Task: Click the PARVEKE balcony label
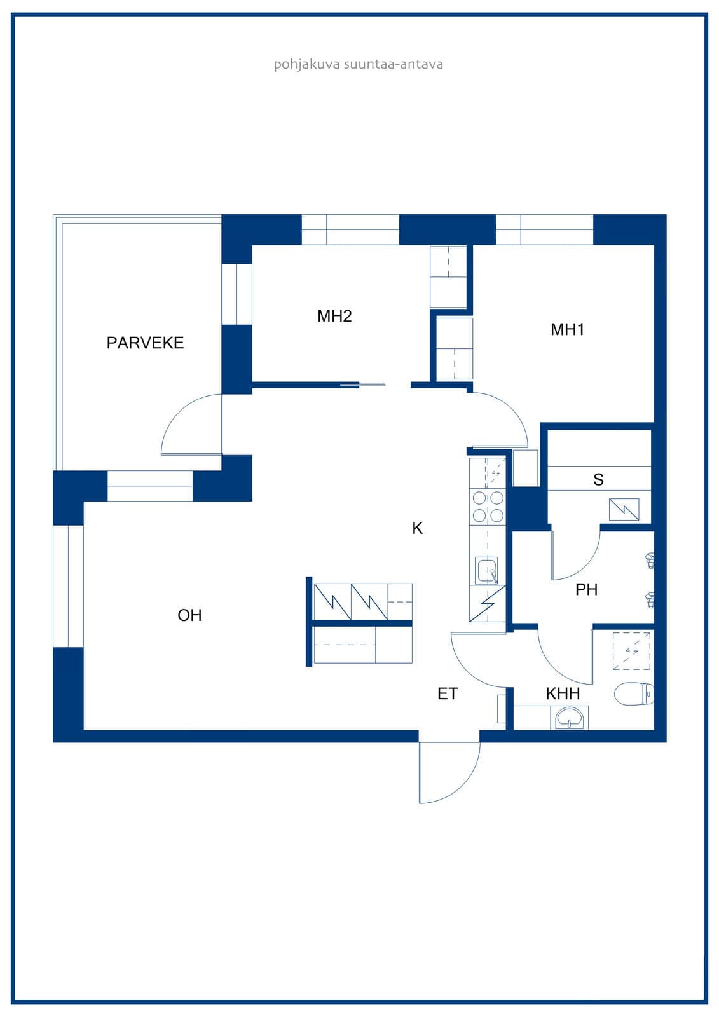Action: (x=145, y=343)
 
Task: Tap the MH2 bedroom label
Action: (x=334, y=316)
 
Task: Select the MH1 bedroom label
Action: (x=567, y=330)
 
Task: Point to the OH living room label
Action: (x=189, y=615)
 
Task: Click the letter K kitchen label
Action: (x=418, y=528)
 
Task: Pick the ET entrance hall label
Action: (x=448, y=693)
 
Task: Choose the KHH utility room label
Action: (x=563, y=693)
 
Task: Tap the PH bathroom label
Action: (x=586, y=590)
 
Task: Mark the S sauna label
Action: (x=598, y=479)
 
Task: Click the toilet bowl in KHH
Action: (x=634, y=694)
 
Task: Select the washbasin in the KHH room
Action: (x=570, y=718)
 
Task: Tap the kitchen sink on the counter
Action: (x=486, y=570)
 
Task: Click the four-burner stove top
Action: (x=488, y=507)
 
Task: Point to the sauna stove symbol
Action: (x=624, y=509)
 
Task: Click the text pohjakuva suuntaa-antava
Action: (x=359, y=64)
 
